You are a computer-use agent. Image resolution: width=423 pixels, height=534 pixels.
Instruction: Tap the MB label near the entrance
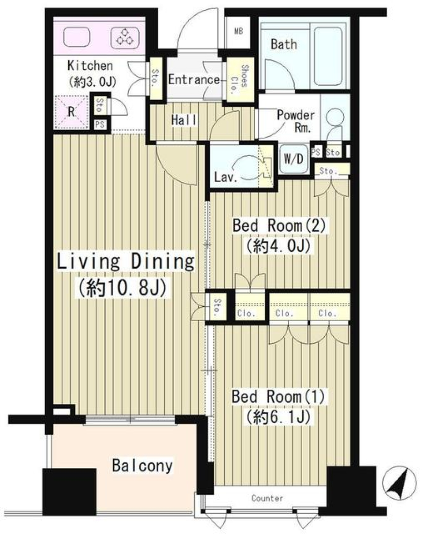click(x=239, y=31)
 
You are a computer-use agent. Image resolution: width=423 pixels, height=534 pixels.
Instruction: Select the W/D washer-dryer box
click(x=293, y=159)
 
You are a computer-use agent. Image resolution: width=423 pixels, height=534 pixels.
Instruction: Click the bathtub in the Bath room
click(x=328, y=56)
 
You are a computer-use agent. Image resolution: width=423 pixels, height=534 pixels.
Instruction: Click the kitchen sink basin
click(x=76, y=37)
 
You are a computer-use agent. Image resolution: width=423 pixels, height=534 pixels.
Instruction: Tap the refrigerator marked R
click(x=71, y=112)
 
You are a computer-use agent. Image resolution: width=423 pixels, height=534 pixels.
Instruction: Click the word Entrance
click(x=194, y=80)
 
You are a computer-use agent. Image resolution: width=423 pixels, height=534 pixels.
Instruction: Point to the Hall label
click(x=184, y=120)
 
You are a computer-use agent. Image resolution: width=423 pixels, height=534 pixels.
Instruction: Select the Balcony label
click(x=142, y=466)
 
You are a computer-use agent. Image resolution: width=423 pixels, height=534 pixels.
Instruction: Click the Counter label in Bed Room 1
click(x=267, y=498)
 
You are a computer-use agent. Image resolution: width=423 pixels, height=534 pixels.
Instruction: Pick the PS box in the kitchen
click(x=100, y=124)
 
